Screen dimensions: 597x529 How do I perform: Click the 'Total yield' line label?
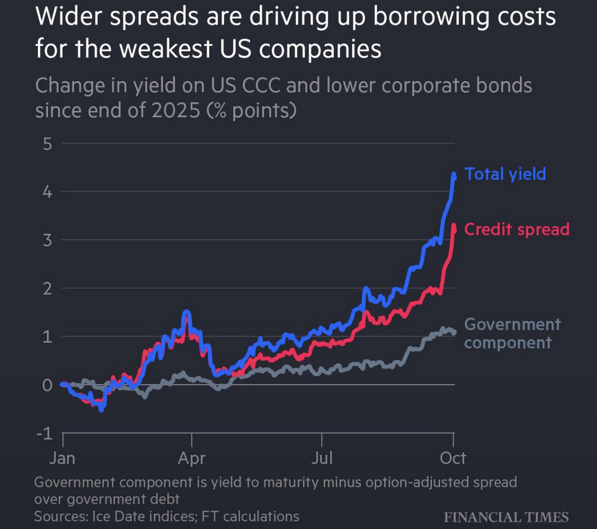click(505, 174)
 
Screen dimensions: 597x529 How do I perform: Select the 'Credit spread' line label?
click(517, 230)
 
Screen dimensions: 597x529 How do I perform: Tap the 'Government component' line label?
click(512, 334)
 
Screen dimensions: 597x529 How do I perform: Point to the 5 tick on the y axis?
click(47, 144)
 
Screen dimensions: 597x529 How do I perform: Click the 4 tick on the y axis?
click(47, 192)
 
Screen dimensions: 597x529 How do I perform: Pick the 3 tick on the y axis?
click(47, 240)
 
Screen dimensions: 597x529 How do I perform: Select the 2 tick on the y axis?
click(47, 288)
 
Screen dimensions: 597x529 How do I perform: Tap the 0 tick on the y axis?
click(47, 385)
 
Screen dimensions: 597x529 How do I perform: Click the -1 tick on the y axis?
click(45, 433)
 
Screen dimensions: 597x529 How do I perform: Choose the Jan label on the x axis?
click(63, 458)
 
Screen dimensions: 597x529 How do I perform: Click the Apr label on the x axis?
click(191, 458)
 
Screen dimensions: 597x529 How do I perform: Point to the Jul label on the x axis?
click(322, 458)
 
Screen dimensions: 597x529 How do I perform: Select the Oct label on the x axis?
click(453, 458)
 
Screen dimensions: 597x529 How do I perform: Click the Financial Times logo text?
click(506, 517)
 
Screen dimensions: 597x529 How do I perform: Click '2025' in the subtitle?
click(176, 110)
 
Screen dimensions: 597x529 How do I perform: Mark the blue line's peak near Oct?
click(454, 174)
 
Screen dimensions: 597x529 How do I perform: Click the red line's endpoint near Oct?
click(454, 231)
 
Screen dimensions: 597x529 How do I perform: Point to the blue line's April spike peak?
click(186, 312)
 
